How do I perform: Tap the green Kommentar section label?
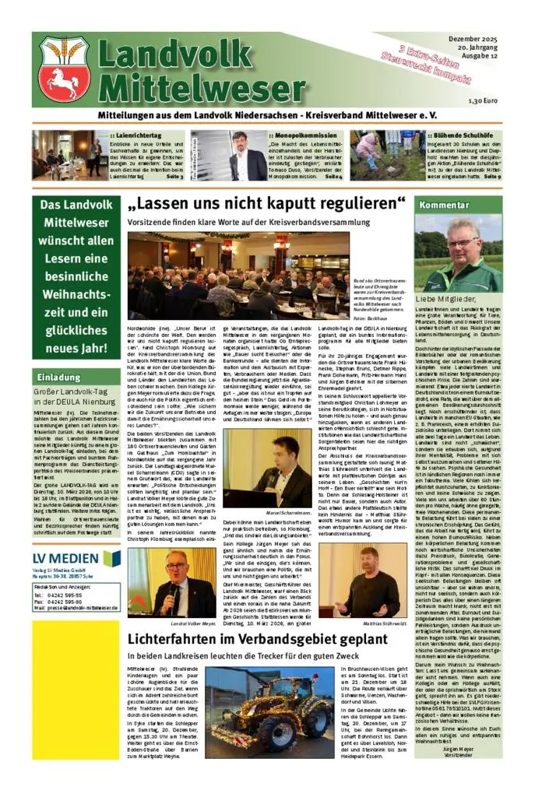click(x=439, y=205)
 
